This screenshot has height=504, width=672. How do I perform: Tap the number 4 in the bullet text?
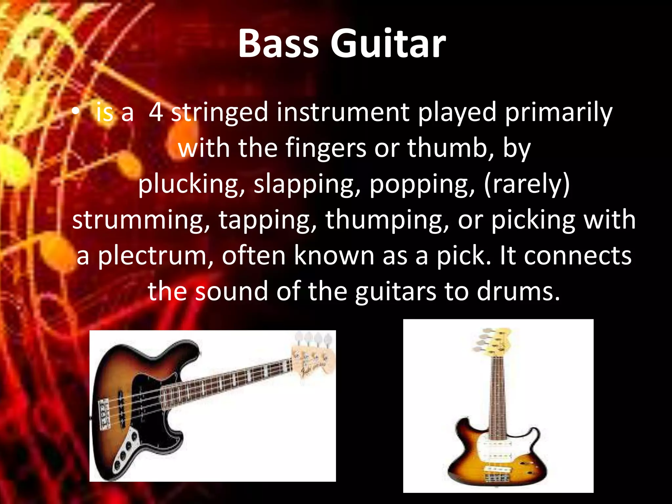(156, 112)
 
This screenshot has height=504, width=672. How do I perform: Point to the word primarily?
(558, 112)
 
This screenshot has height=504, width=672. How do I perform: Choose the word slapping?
(305, 184)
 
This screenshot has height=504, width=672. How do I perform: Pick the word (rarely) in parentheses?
(526, 184)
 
